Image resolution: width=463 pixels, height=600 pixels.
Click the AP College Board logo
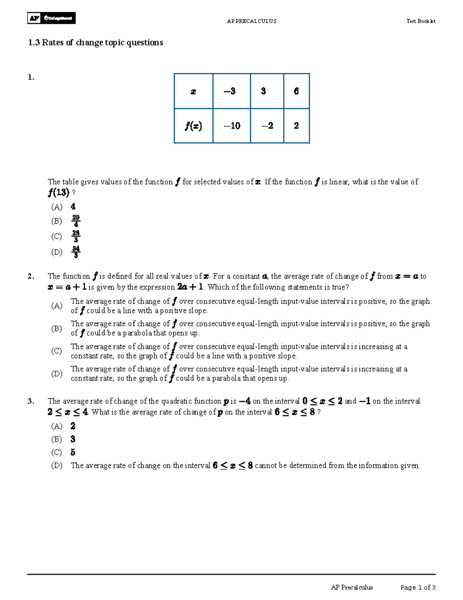[51, 18]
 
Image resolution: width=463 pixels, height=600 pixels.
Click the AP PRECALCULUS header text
[252, 21]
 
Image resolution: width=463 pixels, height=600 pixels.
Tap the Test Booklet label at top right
[421, 21]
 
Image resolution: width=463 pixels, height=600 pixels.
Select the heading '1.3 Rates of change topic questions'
[95, 42]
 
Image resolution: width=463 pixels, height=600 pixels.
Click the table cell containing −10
[231, 126]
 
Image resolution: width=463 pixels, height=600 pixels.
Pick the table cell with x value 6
[296, 91]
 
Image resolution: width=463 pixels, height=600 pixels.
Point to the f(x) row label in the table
[193, 126]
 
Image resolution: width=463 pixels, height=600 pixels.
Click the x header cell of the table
[193, 92]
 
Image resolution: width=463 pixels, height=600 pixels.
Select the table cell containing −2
[267, 126]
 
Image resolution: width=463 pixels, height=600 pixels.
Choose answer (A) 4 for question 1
[73, 207]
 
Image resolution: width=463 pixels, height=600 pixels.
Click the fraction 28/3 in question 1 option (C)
[76, 236]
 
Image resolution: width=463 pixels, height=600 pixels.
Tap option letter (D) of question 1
[57, 252]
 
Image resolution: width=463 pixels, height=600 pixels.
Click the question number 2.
[31, 276]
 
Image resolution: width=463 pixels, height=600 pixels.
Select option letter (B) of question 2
[57, 328]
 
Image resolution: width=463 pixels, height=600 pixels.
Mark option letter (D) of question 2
[57, 374]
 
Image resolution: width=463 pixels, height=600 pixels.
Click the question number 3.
[31, 401]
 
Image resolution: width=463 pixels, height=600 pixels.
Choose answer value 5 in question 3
[73, 452]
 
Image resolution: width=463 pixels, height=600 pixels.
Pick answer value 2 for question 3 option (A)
[73, 426]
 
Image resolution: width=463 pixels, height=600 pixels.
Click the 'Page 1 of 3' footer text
[418, 588]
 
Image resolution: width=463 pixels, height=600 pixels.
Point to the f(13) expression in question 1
[59, 192]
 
